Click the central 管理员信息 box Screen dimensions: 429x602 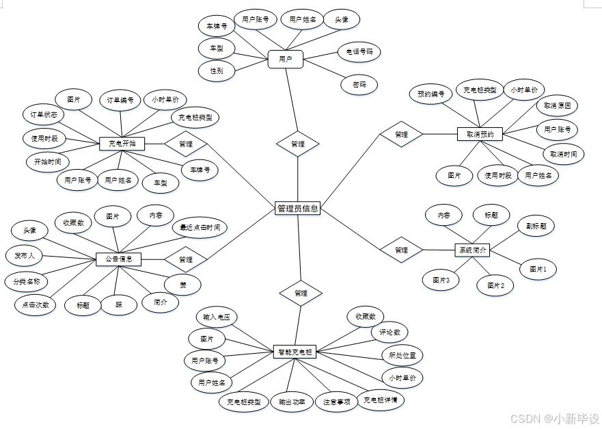click(297, 209)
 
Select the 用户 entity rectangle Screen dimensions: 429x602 click(286, 60)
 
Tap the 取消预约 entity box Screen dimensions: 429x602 click(480, 134)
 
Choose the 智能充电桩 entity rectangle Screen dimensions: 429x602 click(295, 352)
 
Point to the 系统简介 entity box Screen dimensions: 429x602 click(472, 250)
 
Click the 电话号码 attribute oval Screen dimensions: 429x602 click(359, 51)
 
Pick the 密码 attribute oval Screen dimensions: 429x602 click(359, 85)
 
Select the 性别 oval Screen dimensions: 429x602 click(217, 70)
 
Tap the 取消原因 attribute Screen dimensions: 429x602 click(557, 106)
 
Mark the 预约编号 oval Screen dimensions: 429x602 click(431, 94)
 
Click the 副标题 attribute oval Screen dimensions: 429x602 click(536, 226)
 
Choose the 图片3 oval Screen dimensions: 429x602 click(441, 280)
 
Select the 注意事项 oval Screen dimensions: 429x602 click(337, 402)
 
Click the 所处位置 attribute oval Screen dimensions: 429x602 click(402, 356)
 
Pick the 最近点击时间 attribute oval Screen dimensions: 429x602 click(200, 227)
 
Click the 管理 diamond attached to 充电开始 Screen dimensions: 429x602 click(185, 144)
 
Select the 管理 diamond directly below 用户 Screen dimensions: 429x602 click(298, 144)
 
